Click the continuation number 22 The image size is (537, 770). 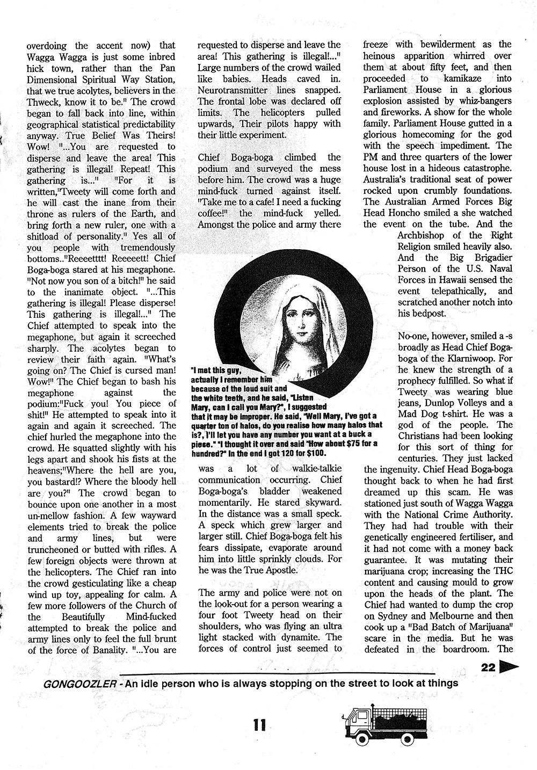point(488,667)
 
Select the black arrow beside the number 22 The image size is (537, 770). point(507,667)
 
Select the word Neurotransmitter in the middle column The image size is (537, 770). point(233,90)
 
